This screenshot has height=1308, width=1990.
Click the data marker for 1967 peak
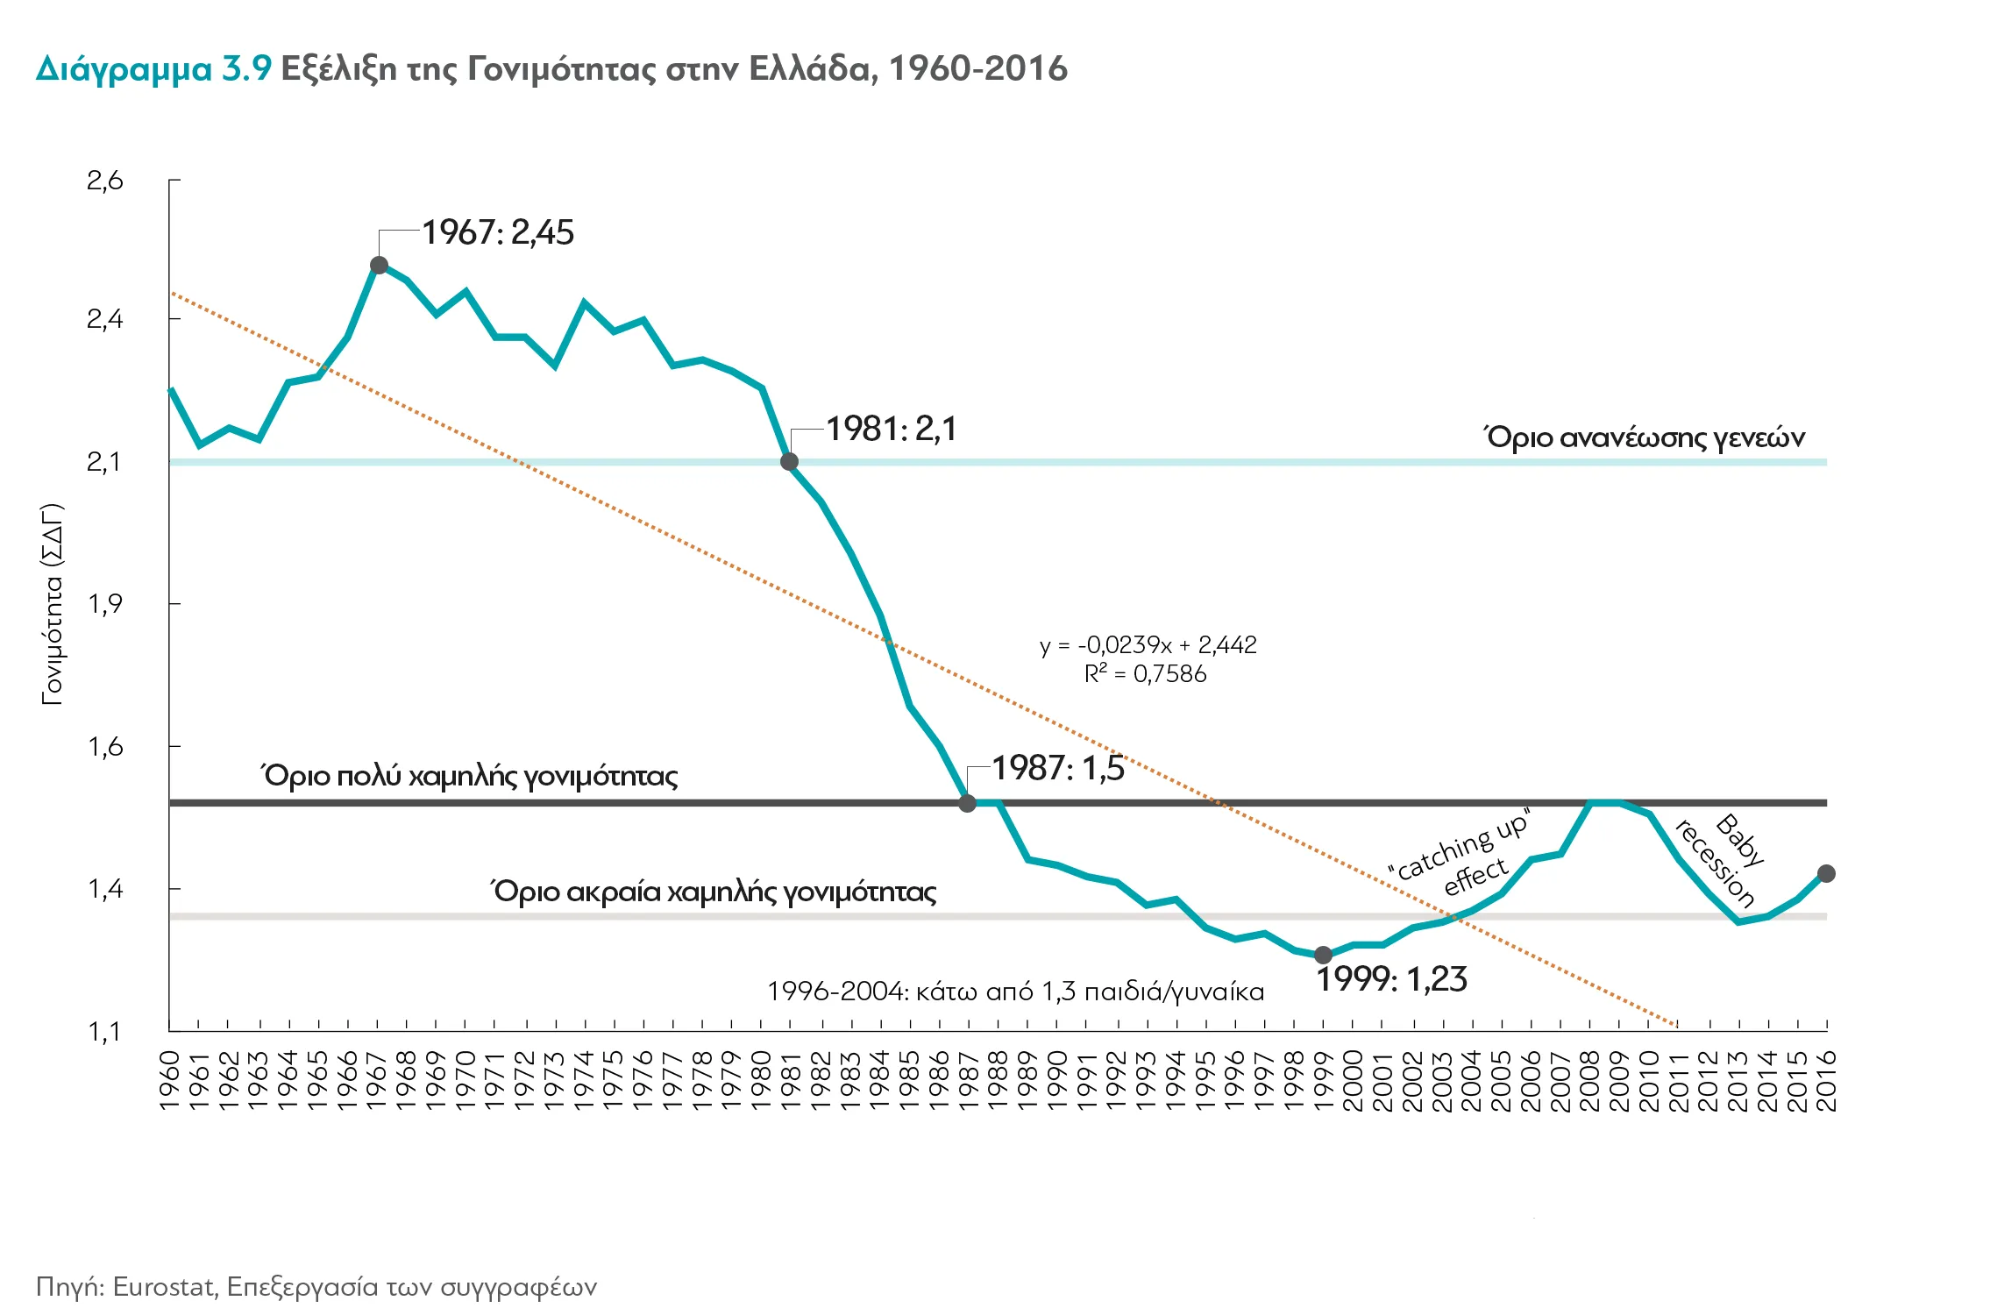pos(379,265)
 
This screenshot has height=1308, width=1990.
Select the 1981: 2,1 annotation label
pos(891,429)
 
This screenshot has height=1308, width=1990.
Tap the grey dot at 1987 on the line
pos(967,802)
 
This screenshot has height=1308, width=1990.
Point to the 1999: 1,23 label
pos(1391,979)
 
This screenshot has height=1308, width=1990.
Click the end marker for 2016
pos(1826,873)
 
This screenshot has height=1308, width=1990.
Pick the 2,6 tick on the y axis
pos(105,181)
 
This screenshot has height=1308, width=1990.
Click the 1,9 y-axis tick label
pos(105,603)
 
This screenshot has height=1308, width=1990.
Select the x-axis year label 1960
pos(170,1080)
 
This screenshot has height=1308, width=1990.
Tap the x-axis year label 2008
pos(1590,1080)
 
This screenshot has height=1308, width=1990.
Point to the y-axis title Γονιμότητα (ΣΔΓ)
pos(53,604)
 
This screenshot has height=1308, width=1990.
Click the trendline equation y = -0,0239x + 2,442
pos(1148,645)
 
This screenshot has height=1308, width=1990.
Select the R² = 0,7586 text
pos(1145,674)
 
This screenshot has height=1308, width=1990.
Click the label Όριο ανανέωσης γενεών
pos(1644,437)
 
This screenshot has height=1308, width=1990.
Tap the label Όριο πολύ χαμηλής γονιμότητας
pos(470,776)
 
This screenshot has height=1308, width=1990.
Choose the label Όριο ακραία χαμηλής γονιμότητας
pos(713,892)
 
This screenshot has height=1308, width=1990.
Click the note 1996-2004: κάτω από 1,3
pos(1015,992)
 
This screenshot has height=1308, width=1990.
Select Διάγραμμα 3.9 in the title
pos(154,68)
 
